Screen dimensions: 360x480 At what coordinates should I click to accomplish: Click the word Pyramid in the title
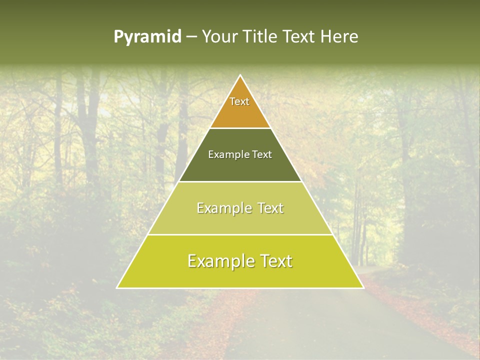pos(147,37)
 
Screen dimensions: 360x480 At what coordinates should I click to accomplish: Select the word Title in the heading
pos(261,37)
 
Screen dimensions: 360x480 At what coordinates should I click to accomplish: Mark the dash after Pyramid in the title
pos(191,37)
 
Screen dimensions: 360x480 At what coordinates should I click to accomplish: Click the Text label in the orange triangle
pos(239,101)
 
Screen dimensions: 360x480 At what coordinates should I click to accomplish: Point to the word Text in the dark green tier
pos(262,154)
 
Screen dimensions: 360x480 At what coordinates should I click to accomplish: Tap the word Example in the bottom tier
pos(219,261)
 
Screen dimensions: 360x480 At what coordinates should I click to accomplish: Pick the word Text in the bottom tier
pos(274,261)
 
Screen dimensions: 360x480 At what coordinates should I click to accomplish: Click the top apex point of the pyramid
pos(240,76)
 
